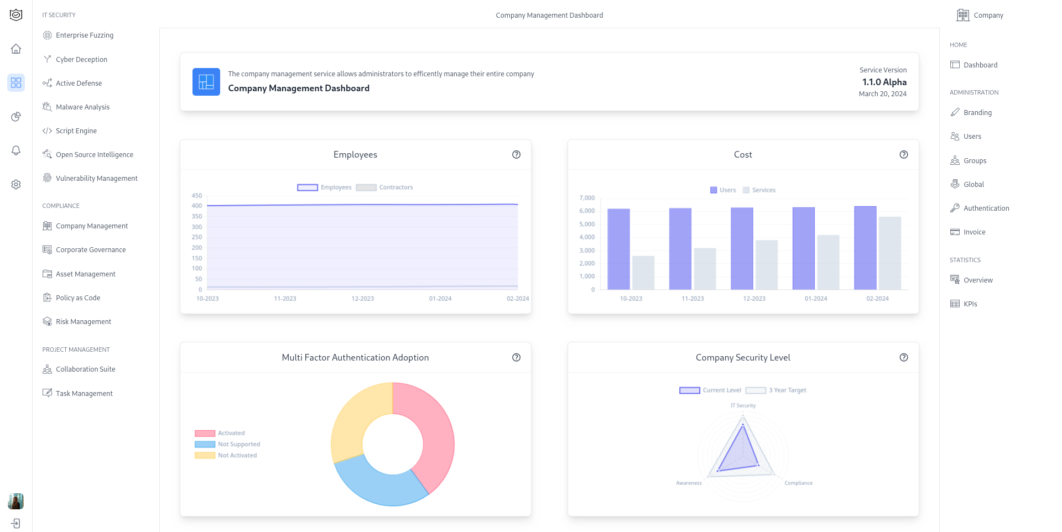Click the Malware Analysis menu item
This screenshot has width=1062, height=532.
coord(82,107)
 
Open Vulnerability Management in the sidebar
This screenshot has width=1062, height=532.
coord(96,178)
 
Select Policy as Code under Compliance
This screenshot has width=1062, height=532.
coord(77,298)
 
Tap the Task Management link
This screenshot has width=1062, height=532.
coord(84,393)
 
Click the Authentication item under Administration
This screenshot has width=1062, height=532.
coord(986,208)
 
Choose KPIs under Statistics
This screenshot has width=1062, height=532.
coord(970,304)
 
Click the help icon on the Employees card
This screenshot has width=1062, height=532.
coord(516,154)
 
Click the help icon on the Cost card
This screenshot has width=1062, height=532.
coord(903,154)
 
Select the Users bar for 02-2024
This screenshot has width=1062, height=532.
coord(865,249)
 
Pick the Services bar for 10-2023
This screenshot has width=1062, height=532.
coord(643,273)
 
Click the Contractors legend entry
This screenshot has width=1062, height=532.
coord(384,187)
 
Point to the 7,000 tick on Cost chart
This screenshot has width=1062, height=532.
coord(587,198)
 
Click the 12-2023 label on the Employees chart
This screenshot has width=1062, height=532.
coord(362,299)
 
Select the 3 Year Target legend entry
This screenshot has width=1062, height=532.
coord(776,390)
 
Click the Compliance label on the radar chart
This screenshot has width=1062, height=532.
coord(798,483)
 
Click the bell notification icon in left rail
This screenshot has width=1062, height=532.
coord(16,150)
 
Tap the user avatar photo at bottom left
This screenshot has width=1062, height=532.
coord(16,501)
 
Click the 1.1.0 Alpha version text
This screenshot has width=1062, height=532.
coord(884,82)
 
